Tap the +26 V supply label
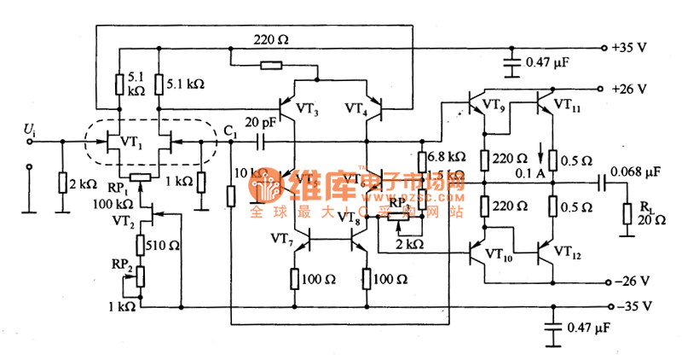(x=632, y=89)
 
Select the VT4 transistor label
(x=360, y=109)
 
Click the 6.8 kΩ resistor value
(x=447, y=158)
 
